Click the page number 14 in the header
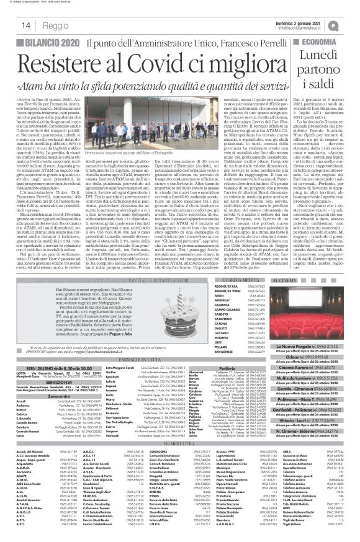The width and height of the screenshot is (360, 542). (11, 24)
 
